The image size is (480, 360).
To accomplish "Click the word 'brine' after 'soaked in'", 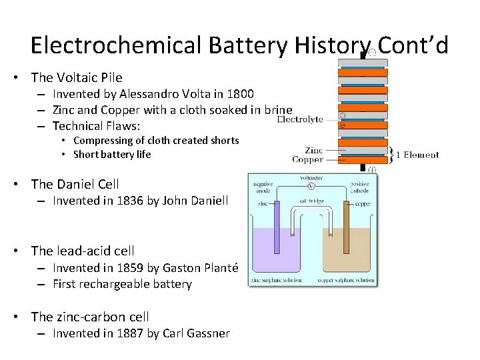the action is [x=277, y=110].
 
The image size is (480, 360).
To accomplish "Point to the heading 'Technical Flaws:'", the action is [x=97, y=126].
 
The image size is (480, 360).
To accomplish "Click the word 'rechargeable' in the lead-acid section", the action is [x=118, y=284].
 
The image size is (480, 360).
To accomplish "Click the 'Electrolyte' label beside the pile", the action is [x=300, y=120].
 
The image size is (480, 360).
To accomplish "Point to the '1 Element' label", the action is [x=417, y=155].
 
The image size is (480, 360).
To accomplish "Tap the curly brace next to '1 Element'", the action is [x=392, y=155].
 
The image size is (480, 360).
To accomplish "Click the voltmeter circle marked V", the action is [x=311, y=187].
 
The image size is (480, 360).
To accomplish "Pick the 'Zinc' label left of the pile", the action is [x=313, y=151].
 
